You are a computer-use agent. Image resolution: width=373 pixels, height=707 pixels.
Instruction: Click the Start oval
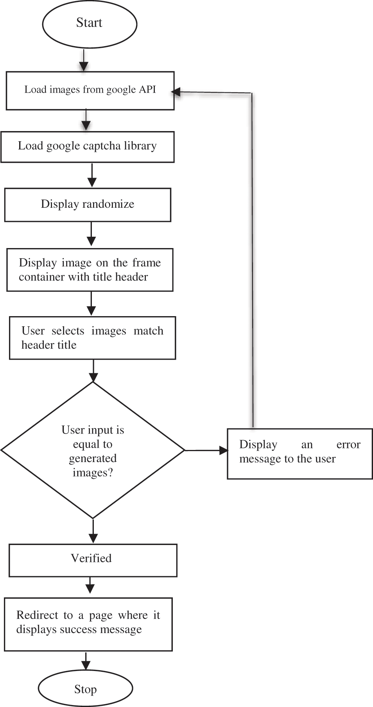click(x=90, y=23)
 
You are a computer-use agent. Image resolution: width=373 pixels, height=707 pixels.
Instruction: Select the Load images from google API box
click(x=90, y=90)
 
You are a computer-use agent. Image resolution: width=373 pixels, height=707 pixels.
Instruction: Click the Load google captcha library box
click(x=87, y=147)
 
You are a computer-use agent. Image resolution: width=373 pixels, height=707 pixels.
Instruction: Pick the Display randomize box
click(x=88, y=205)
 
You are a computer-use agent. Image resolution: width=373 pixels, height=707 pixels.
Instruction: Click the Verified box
click(x=93, y=560)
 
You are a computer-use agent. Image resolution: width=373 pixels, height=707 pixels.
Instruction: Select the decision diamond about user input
click(x=93, y=450)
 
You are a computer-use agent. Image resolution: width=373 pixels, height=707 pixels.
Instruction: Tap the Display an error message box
click(x=299, y=453)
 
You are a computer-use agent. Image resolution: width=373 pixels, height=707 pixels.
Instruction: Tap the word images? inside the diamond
click(x=93, y=473)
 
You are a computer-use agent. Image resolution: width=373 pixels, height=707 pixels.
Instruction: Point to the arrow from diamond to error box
click(x=206, y=450)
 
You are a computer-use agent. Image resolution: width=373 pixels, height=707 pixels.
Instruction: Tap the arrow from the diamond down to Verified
click(x=93, y=531)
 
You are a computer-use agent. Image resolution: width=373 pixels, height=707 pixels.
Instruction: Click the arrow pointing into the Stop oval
click(x=86, y=660)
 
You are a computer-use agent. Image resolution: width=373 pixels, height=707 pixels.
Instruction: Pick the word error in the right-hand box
click(x=348, y=445)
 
